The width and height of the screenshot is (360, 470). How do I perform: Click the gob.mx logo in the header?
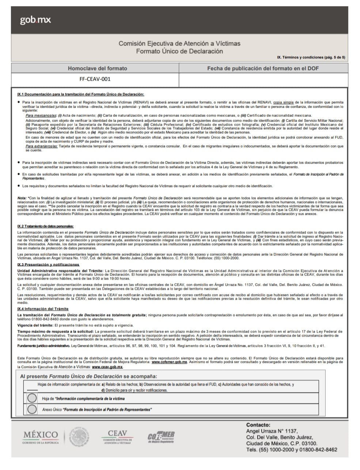[x=35, y=20]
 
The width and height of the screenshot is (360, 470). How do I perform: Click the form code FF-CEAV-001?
[x=95, y=79]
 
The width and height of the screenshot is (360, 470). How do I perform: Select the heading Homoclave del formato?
[x=97, y=68]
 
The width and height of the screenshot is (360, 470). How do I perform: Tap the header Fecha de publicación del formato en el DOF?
[x=263, y=68]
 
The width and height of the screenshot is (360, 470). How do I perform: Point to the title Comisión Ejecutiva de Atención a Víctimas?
[x=179, y=43]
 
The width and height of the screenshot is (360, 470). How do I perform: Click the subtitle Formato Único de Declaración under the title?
[x=179, y=51]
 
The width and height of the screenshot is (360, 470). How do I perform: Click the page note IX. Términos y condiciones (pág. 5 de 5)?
[x=311, y=57]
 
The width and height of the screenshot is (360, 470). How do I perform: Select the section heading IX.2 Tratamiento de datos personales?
[x=45, y=227]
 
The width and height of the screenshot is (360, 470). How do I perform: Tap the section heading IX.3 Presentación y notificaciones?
[x=48, y=264]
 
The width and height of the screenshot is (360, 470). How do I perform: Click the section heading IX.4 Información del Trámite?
[x=43, y=309]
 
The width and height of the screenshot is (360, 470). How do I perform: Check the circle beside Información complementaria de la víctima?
[x=32, y=398]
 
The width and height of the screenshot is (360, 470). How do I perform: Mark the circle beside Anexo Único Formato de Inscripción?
[x=32, y=409]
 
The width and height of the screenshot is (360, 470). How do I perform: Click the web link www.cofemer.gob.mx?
[x=169, y=362]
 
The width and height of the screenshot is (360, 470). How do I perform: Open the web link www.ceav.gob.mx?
[x=107, y=367]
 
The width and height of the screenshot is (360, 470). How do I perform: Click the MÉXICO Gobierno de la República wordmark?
[x=41, y=436]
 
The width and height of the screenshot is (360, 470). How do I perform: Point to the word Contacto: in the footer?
[x=258, y=425]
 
